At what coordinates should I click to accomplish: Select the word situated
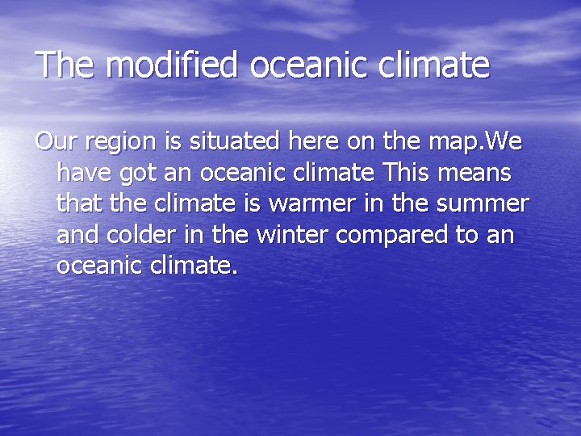228,142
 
